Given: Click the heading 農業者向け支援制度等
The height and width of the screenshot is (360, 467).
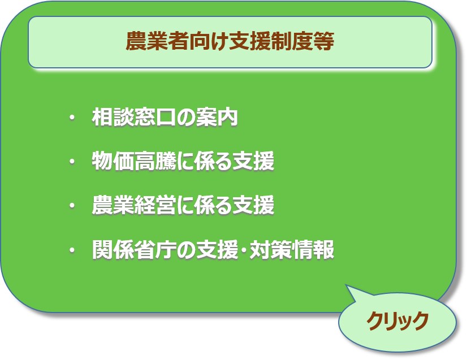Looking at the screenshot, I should coord(230,42).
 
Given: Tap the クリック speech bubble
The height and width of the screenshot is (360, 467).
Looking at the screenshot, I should coord(397,321).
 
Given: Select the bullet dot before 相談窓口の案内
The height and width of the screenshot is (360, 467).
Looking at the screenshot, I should coord(72,118).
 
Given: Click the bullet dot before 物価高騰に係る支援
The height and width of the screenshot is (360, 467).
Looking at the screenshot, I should coord(72,162).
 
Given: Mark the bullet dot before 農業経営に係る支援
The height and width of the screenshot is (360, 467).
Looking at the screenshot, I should coord(72,206).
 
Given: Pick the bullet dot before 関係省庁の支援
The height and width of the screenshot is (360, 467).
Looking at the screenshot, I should coord(72,250).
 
